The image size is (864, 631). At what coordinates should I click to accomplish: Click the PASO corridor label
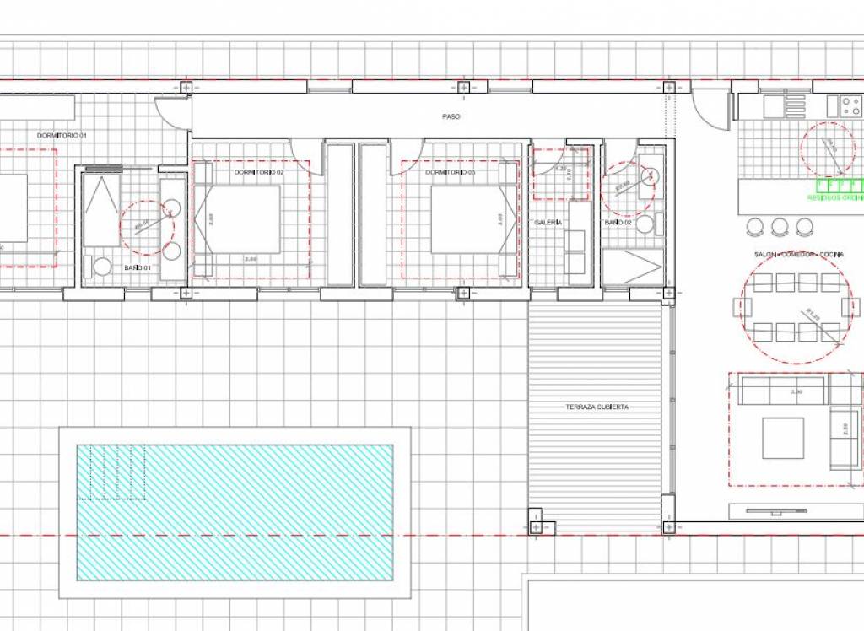451,117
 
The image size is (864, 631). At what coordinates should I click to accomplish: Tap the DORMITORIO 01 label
62,136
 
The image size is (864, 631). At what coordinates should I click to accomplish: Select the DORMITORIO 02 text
259,173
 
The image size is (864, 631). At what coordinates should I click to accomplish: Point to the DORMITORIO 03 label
451,173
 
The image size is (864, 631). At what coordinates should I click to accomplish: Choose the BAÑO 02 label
617,223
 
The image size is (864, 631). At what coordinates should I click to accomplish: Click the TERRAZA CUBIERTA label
597,407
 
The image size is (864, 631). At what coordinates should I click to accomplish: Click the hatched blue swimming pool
235,512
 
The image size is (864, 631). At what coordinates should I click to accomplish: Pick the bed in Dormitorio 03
466,219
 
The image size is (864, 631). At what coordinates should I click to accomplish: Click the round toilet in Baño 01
102,267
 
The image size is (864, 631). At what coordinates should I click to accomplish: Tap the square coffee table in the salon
783,438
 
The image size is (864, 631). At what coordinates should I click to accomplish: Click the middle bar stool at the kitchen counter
780,226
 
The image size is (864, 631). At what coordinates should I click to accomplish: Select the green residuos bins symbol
835,186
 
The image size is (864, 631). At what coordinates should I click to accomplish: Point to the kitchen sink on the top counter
775,107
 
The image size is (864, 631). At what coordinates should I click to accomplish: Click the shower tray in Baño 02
633,267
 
